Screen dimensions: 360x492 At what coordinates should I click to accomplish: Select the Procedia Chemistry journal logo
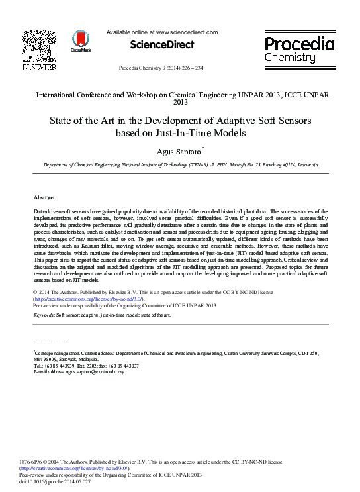tap(300, 49)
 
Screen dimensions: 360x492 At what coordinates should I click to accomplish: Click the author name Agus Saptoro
tap(179, 151)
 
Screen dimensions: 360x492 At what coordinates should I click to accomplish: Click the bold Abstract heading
tap(44, 197)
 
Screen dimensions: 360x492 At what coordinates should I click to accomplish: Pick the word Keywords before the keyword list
tap(44, 315)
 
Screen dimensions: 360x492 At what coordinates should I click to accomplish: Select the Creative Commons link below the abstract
tap(83, 299)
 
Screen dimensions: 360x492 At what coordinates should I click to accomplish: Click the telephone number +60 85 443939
tap(60, 366)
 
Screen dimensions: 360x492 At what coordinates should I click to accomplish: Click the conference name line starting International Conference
tap(180, 95)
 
